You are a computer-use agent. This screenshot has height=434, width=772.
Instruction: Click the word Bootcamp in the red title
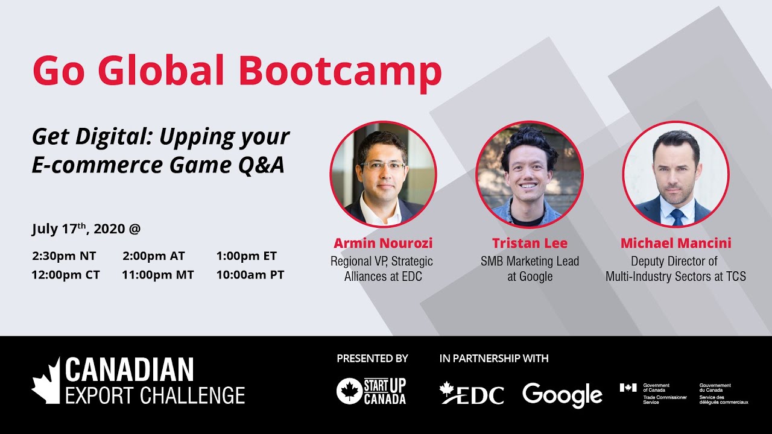point(340,71)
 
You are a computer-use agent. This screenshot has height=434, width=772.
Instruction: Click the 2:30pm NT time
point(64,256)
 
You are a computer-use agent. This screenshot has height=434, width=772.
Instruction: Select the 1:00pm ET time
point(246,256)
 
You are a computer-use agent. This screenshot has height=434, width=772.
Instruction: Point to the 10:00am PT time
point(250,275)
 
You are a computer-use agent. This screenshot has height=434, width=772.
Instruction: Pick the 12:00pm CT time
point(66,275)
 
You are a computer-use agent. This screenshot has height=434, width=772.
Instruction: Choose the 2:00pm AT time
point(153,256)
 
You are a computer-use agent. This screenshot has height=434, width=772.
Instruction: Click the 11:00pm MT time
point(157,275)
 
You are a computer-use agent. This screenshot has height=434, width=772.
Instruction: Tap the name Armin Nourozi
point(383,244)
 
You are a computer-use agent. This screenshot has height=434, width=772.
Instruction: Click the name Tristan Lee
point(530,244)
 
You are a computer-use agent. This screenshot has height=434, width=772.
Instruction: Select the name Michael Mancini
point(675,244)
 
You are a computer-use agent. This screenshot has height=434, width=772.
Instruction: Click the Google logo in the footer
point(562,395)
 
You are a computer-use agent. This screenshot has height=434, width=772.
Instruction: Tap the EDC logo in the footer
point(471,394)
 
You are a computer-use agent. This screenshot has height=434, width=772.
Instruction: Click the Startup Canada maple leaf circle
point(348,391)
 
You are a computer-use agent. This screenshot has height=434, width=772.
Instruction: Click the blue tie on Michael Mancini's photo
point(677,216)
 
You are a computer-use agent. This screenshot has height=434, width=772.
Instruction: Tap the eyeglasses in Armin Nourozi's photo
point(382,166)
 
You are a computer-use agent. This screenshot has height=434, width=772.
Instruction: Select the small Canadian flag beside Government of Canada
point(628,388)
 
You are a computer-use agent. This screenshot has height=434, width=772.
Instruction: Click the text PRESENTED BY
point(372,359)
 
